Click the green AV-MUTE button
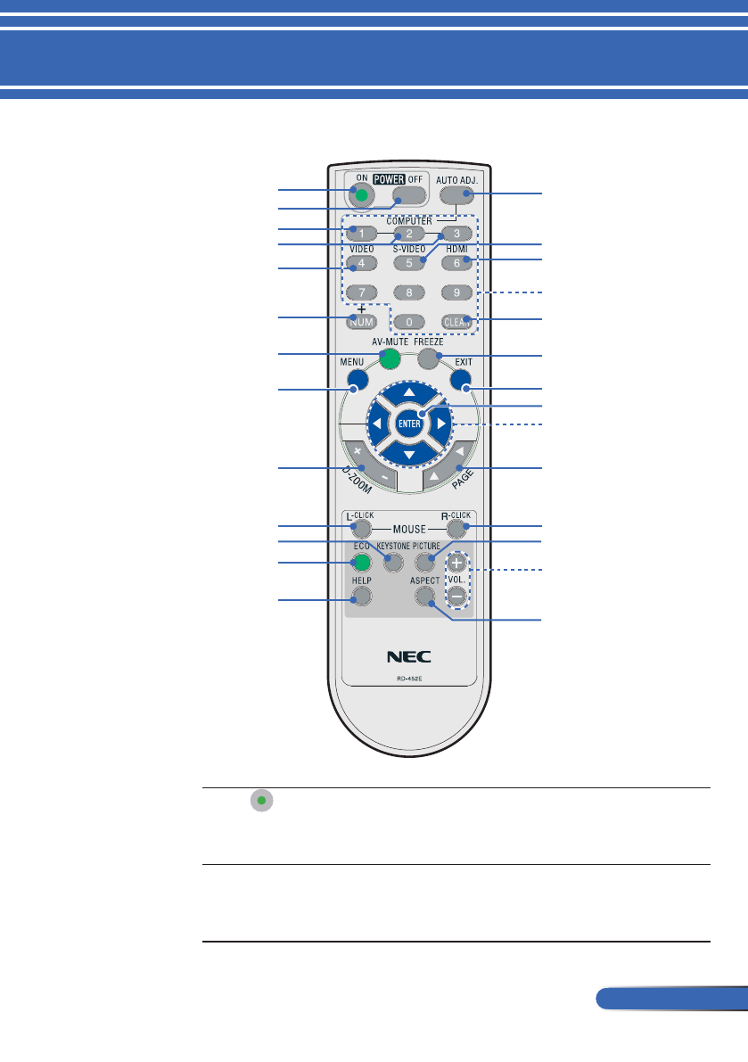[x=388, y=358]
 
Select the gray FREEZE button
[x=428, y=358]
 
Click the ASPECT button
[x=424, y=596]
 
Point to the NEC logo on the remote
[x=408, y=657]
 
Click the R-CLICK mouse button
[x=457, y=529]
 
